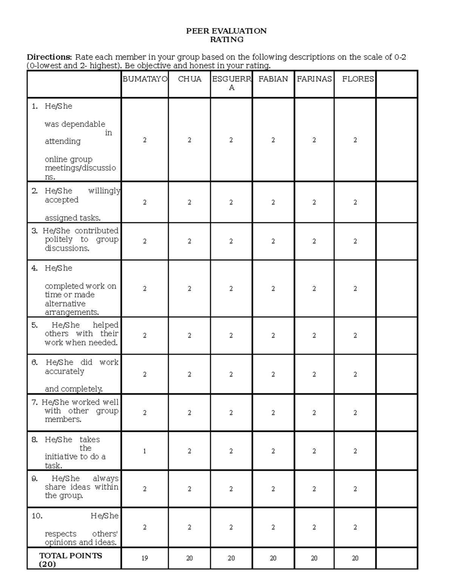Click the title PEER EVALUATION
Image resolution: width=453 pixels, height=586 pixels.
coord(226,31)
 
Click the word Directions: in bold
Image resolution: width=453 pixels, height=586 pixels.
coord(49,57)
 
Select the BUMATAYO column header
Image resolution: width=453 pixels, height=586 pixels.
coord(145,79)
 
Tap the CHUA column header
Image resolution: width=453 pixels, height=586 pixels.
coord(190,79)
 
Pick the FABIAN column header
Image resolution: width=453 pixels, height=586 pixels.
coord(273,79)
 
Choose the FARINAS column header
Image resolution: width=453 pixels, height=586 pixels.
coord(314,79)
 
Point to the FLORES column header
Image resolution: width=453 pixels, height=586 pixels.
coord(357,79)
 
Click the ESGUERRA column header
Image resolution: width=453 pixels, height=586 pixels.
coord(231,83)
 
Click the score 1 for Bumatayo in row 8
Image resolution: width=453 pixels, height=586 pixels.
coord(145,451)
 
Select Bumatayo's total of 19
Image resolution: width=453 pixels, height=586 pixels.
coord(145,558)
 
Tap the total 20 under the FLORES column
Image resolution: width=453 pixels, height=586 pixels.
coord(355,558)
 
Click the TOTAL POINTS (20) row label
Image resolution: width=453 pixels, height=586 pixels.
coord(71,560)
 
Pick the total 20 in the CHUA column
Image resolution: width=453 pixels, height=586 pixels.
coord(190,558)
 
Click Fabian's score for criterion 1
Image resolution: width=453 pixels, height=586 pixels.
coord(273,140)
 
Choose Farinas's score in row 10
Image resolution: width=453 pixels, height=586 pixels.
coord(314,527)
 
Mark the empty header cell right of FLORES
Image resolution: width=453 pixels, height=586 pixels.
coord(396,84)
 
